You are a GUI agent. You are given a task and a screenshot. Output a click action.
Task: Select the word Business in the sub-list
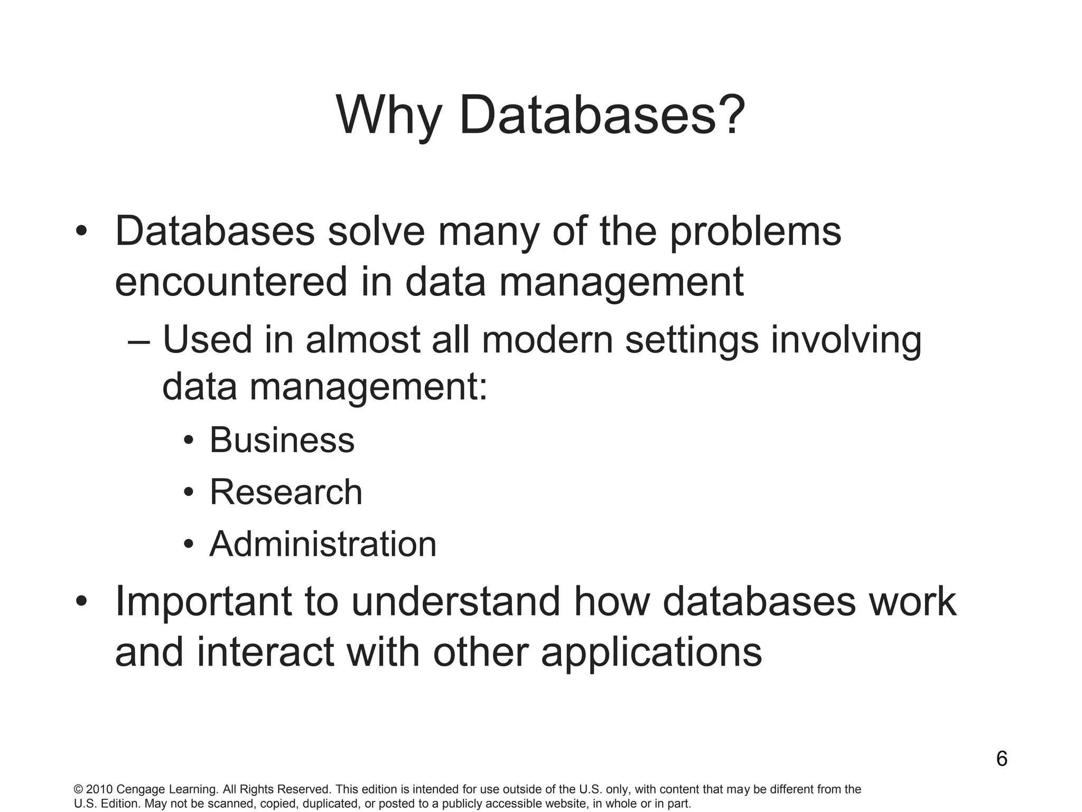tap(282, 440)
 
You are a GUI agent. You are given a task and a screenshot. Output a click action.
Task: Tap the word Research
tap(286, 492)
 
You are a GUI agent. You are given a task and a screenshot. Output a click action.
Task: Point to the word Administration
tap(323, 544)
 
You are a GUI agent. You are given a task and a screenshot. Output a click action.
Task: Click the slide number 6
tap(1002, 759)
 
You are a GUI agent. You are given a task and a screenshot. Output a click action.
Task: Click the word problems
tap(755, 233)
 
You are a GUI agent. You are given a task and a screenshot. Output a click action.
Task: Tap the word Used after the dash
tap(207, 339)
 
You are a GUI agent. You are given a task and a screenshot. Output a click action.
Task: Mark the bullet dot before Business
tap(189, 441)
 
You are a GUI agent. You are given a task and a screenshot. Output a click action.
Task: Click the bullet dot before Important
tap(81, 602)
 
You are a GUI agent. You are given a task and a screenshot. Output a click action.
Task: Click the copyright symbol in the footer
tap(78, 790)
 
